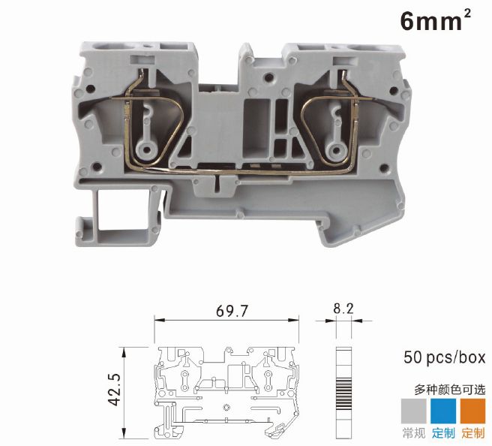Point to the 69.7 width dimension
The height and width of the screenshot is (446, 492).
[x=232, y=311]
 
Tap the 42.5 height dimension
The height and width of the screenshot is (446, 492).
[x=114, y=389]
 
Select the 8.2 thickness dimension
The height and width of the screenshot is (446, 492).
[x=343, y=309]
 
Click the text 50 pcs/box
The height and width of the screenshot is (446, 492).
[x=444, y=357]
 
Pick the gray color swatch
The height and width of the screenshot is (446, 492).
[x=414, y=411]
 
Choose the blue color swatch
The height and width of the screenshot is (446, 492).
[x=443, y=411]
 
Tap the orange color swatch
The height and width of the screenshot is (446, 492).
[x=472, y=411]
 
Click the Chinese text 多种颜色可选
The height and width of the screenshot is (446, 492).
[x=450, y=390]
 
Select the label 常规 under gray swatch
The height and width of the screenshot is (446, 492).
[x=414, y=433]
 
